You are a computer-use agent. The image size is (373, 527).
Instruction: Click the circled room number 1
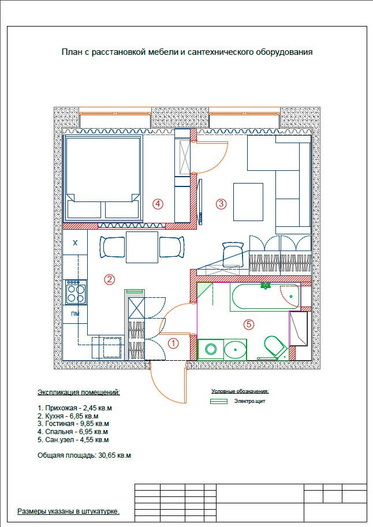pyautogui.click(x=173, y=343)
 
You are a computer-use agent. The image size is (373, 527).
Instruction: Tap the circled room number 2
pyautogui.click(x=109, y=279)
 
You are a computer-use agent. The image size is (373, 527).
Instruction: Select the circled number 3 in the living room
pyautogui.click(x=221, y=204)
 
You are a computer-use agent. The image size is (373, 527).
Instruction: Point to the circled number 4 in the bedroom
pyautogui.click(x=158, y=204)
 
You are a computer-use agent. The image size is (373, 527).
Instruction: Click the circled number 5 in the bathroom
pyautogui.click(x=248, y=324)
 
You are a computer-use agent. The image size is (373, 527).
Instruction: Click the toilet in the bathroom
pyautogui.click(x=274, y=347)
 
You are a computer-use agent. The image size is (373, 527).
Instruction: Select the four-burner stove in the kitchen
pyautogui.click(x=76, y=292)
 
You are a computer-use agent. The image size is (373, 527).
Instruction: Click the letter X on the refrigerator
pyautogui.click(x=75, y=242)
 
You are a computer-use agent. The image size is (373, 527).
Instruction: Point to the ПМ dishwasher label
pyautogui.click(x=75, y=314)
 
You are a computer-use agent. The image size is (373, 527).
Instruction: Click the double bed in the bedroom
pyautogui.click(x=103, y=178)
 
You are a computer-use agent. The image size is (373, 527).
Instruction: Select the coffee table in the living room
pyautogui.click(x=248, y=202)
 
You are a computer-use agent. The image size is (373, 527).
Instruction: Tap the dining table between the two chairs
pyautogui.click(x=142, y=247)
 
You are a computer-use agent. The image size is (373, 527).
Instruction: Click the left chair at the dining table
pyautogui.click(x=113, y=247)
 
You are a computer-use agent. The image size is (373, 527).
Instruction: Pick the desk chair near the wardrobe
pyautogui.click(x=233, y=255)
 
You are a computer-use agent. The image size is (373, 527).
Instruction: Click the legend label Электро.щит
pyautogui.click(x=249, y=401)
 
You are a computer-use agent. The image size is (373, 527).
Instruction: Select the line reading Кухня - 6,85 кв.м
pyautogui.click(x=68, y=416)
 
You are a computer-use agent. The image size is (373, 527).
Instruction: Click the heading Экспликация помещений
pyautogui.click(x=79, y=393)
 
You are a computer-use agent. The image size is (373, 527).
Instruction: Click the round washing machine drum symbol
pyautogui.click(x=211, y=349)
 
